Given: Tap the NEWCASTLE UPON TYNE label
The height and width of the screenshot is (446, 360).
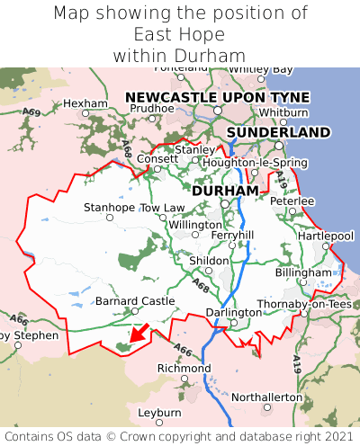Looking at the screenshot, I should (217, 97).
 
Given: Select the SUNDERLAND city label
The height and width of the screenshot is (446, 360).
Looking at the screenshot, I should (278, 132).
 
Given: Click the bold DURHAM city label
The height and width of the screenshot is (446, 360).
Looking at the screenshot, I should (225, 191).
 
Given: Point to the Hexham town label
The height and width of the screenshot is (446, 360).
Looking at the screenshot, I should (85, 103).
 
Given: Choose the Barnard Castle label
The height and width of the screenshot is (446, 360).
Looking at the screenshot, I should (135, 300).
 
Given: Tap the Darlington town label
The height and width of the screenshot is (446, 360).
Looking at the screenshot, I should (233, 312).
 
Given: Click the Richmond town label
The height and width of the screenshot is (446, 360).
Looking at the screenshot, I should (184, 369).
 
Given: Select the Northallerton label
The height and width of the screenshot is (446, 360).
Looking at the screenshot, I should (267, 397).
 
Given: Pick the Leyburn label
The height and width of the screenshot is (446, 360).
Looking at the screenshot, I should (159, 413).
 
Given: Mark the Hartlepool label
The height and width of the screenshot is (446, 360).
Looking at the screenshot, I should (326, 236).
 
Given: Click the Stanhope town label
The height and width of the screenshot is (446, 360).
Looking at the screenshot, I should (109, 208).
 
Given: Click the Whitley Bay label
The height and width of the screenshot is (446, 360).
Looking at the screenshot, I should (261, 69).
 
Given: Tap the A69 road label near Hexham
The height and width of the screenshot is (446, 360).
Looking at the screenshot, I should (31, 112).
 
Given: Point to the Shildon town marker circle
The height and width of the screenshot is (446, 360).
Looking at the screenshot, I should (209, 270).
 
